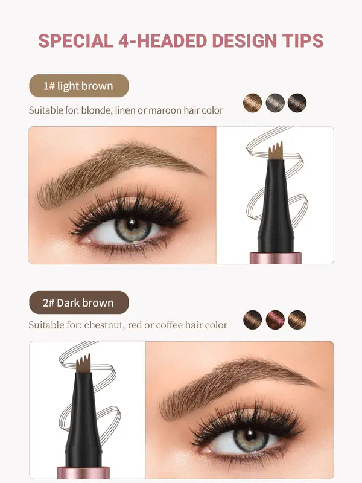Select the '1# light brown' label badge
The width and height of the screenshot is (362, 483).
coord(78,86)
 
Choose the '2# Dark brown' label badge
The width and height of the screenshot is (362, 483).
coord(78,302)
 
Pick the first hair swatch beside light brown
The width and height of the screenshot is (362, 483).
coord(252,103)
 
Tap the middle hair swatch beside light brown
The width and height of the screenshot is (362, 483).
coord(275,103)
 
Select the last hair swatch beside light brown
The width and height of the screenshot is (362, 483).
coord(297,103)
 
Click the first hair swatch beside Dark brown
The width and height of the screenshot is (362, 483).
coord(252,319)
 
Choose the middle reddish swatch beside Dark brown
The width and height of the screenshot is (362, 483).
coord(275,319)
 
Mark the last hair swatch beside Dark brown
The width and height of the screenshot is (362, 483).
coord(297,319)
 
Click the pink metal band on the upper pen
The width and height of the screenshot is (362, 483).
coord(275,258)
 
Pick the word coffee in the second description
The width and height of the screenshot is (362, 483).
coord(171,325)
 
